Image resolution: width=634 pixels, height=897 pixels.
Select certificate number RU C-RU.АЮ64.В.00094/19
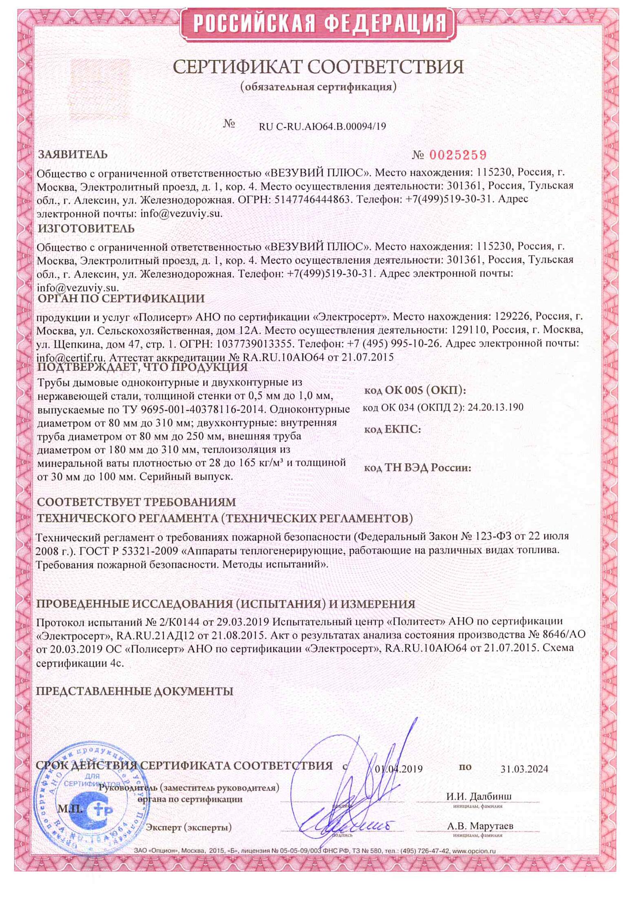pos(322,126)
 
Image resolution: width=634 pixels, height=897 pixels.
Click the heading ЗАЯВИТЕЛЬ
pos(73,155)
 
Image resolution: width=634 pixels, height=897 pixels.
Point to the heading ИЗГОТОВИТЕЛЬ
pos(86,228)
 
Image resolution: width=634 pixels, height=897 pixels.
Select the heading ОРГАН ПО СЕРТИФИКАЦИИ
pos(121,298)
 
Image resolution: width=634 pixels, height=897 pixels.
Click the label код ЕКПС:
pos(392,429)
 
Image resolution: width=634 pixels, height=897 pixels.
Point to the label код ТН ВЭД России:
pos(417,468)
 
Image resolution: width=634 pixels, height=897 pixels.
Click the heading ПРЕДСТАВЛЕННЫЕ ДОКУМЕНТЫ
pos(135,691)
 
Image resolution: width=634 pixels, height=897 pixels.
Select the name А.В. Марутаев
pos(480,826)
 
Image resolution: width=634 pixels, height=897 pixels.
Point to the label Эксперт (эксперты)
pos(189,827)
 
